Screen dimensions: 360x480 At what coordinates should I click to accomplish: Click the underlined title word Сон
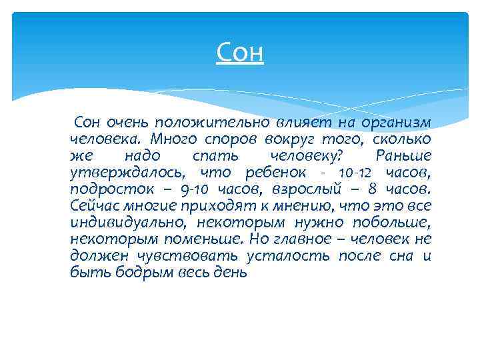point(240,52)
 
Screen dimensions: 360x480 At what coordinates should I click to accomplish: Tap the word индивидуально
point(118,223)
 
